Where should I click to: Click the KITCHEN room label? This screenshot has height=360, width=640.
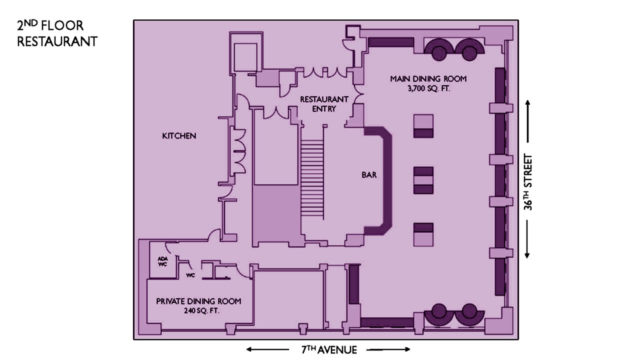point(179,136)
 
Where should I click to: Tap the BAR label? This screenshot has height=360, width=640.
point(369,175)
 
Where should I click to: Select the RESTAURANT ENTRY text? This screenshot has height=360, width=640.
point(324,104)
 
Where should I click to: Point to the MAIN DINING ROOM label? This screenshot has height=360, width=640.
point(428,79)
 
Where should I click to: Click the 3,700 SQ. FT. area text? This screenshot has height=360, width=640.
point(428,89)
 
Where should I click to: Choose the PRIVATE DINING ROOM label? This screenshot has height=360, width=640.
point(198,301)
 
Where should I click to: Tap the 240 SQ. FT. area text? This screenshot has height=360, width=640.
point(201,310)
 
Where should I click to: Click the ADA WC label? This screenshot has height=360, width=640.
point(162,261)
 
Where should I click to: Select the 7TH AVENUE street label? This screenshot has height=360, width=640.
point(329,349)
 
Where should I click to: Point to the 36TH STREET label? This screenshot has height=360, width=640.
point(528,182)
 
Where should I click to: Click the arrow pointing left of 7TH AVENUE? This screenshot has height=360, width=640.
point(267,349)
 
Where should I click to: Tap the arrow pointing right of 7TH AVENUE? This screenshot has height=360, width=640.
point(388,349)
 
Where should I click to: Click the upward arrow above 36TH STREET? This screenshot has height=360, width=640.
point(527,121)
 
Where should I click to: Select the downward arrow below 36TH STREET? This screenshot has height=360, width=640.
point(527,239)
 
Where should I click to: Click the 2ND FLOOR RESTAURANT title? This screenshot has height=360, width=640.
point(57,33)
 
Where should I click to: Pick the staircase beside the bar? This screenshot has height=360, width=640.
point(312,178)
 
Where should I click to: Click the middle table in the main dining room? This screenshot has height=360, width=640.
point(423,180)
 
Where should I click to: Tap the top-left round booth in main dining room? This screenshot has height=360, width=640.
point(439,49)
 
